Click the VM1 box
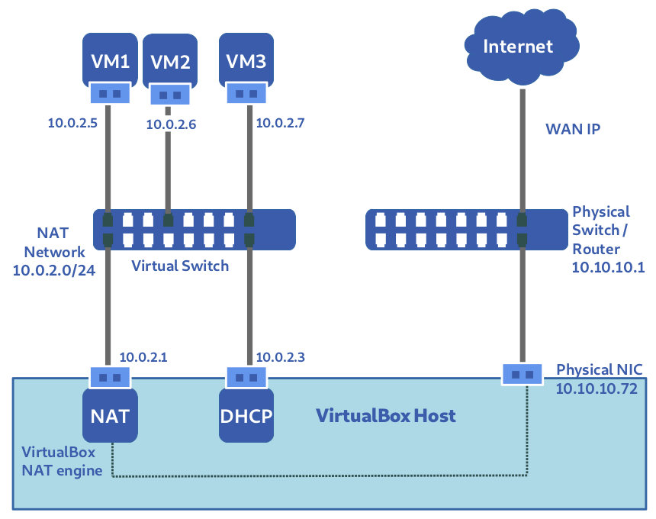(110, 61)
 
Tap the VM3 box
(246, 61)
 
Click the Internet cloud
(518, 47)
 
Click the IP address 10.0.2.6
(171, 124)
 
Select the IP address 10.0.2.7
(279, 122)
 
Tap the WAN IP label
(572, 129)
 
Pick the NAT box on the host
(110, 416)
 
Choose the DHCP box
(246, 416)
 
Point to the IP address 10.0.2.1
(143, 356)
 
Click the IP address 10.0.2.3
(279, 356)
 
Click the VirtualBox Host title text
(386, 416)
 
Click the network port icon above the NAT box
(110, 377)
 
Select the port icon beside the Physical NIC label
(522, 374)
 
